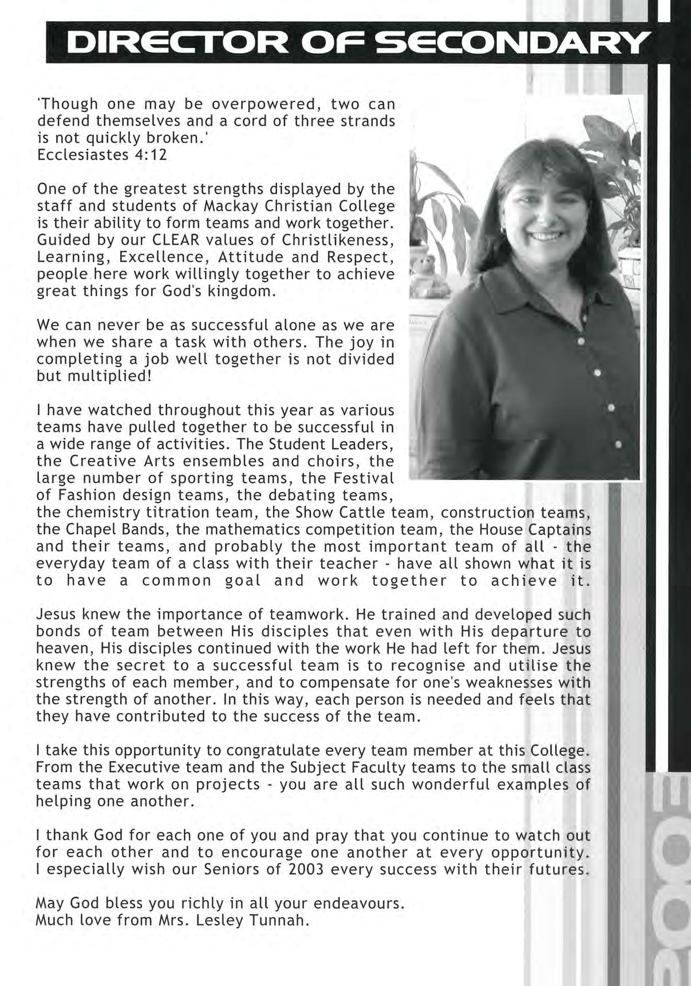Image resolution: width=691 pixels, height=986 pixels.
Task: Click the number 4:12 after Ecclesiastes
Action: [x=150, y=155]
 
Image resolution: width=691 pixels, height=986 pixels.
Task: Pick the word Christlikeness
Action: [x=335, y=240]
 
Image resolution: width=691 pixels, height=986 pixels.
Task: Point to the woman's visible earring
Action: [x=504, y=228]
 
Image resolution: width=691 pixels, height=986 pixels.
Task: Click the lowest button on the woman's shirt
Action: [x=618, y=443]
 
